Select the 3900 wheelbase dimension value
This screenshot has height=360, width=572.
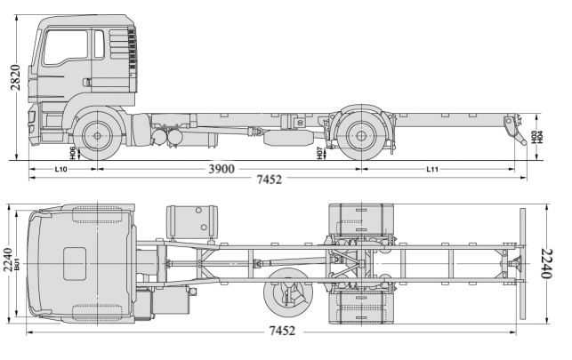(222, 169)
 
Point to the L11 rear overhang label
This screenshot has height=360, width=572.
(433, 168)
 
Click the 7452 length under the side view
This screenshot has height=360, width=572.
(268, 180)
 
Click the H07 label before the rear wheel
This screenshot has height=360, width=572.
(318, 152)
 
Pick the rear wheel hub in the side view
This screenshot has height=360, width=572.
(360, 137)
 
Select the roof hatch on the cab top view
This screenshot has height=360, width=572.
(75, 263)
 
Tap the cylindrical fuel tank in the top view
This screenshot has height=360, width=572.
(191, 222)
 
